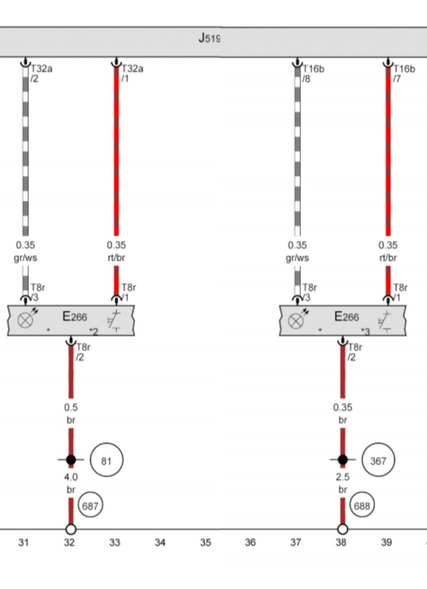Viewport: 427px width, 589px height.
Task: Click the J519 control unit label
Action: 209,38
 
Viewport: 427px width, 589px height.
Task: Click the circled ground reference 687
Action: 90,505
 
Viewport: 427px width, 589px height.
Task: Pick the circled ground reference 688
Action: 362,505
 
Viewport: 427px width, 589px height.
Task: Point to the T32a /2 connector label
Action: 42,73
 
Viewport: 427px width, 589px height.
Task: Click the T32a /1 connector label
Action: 132,73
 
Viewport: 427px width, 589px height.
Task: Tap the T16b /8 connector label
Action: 314,73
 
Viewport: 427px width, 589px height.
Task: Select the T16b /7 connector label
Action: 404,73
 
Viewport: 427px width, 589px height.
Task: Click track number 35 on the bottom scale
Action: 206,542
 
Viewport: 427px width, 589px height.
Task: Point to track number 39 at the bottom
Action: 387,542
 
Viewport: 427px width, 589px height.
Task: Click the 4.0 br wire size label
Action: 71,483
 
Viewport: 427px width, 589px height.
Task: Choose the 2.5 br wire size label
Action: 343,483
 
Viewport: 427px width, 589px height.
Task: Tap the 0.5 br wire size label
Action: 71,414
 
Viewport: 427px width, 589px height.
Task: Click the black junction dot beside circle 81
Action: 71,459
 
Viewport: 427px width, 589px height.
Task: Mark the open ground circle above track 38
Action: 343,529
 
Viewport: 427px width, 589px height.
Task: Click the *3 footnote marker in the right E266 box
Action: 365,332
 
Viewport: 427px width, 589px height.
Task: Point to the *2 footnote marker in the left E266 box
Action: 93,332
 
